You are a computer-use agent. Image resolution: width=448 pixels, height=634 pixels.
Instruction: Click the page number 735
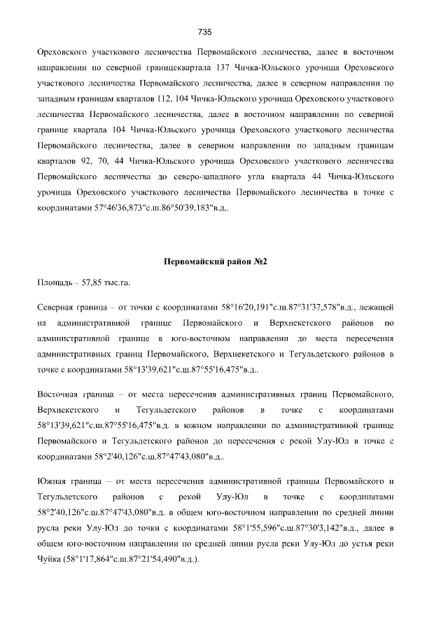tap(205, 32)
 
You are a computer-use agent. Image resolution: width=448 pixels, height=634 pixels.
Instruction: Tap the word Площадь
tap(57, 283)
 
